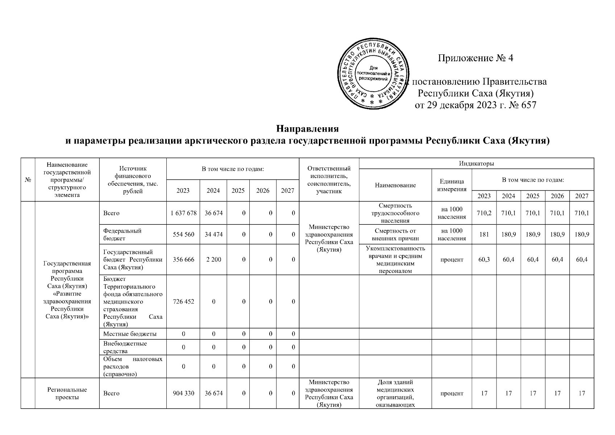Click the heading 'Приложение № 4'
pyautogui.click(x=475, y=58)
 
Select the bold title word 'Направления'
pyautogui.click(x=307, y=129)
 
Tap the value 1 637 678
pyautogui.click(x=183, y=213)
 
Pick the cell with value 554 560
pyautogui.click(x=183, y=235)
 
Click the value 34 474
pyautogui.click(x=213, y=235)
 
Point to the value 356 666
pyautogui.click(x=183, y=260)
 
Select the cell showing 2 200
pyautogui.click(x=213, y=260)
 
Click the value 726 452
pyautogui.click(x=183, y=302)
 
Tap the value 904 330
pyautogui.click(x=183, y=393)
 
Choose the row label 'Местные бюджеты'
pyautogui.click(x=130, y=333)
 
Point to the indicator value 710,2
pyautogui.click(x=484, y=213)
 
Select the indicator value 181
pyautogui.click(x=484, y=235)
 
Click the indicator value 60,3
pyautogui.click(x=484, y=260)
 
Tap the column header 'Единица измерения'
pyautogui.click(x=452, y=185)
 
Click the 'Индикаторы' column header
pyautogui.click(x=476, y=163)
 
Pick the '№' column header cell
pyautogui.click(x=28, y=180)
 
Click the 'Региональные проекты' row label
pyautogui.click(x=67, y=393)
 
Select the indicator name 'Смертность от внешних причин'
pyautogui.click(x=395, y=235)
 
